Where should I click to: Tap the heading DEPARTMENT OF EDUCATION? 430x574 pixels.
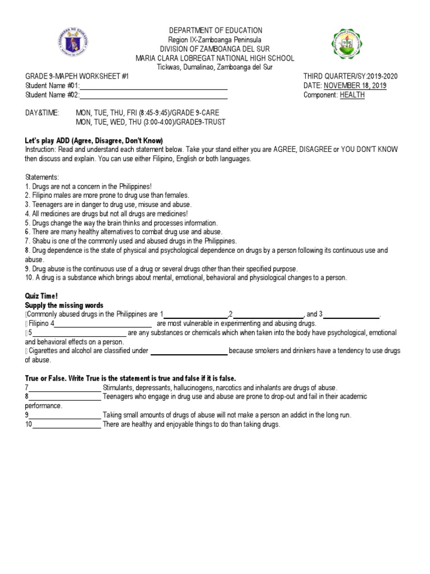[215, 30]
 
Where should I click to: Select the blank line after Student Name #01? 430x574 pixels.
[154, 86]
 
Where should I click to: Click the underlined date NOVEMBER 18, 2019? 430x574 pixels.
[354, 86]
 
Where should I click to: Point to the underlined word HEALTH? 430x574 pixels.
[352, 95]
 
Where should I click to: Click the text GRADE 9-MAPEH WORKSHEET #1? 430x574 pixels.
[77, 76]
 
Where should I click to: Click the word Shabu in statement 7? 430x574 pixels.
[39, 241]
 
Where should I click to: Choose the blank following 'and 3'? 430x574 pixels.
[352, 314]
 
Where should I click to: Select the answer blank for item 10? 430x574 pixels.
[67, 424]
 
